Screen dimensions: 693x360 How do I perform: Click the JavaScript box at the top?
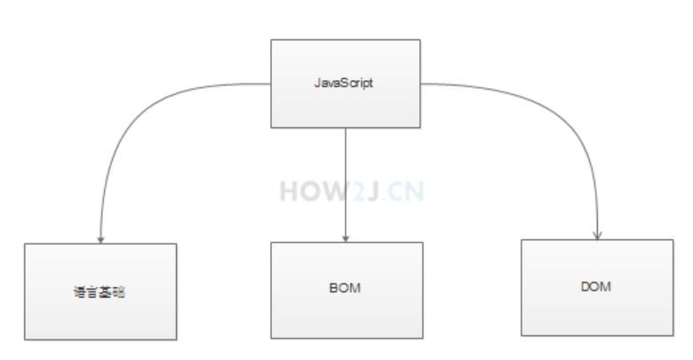(345, 82)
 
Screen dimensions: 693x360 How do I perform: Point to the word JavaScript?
(345, 83)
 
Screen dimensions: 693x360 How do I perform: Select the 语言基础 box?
(100, 292)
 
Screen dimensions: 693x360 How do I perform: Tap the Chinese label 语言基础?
(100, 292)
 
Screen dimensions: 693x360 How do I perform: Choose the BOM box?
(346, 290)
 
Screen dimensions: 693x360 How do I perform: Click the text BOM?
(346, 290)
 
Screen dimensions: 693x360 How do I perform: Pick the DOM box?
(597, 287)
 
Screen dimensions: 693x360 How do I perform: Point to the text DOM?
(597, 287)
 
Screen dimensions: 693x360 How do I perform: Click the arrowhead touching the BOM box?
(345, 237)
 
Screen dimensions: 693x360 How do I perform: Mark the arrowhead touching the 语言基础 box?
(100, 238)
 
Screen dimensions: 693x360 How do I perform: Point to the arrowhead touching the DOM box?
(598, 235)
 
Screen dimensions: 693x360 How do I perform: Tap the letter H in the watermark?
(290, 190)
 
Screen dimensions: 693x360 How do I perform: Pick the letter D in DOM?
(586, 287)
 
